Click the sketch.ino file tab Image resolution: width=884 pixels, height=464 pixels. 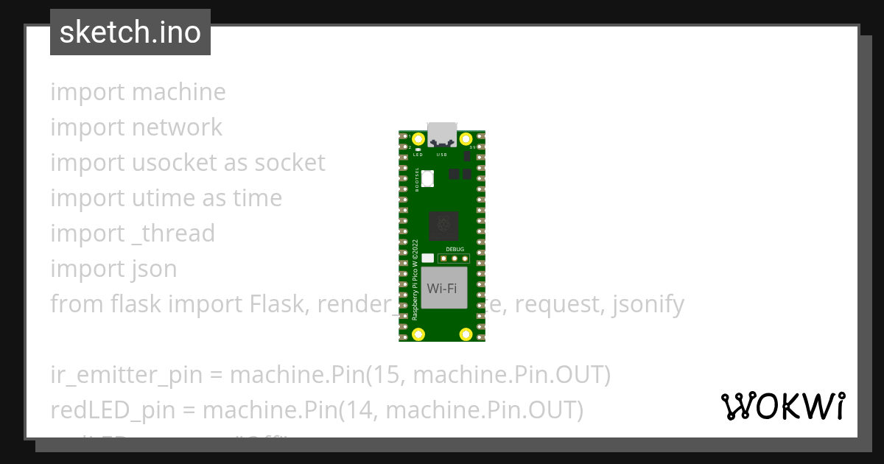tap(130, 32)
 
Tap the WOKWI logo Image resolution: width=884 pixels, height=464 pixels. tap(782, 406)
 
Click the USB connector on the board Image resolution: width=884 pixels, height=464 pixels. tap(442, 133)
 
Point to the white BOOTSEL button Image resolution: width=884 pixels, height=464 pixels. tap(428, 177)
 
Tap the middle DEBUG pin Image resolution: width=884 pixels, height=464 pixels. tap(455, 259)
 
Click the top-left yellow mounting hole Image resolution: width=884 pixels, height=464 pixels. tap(418, 139)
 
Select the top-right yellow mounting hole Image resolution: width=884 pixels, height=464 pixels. tap(466, 139)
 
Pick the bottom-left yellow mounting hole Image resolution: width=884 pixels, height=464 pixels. tap(418, 334)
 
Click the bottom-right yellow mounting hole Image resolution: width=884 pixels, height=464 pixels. tap(466, 334)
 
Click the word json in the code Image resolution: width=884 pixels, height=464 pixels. tap(154, 269)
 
